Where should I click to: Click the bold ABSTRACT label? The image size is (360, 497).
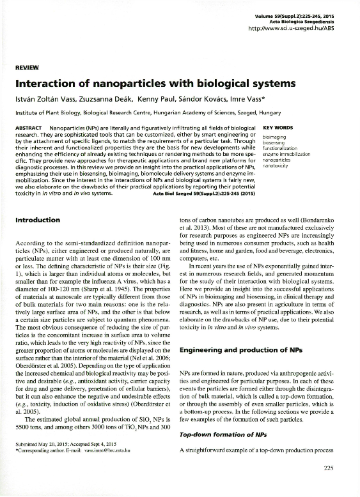click(x=28, y=128)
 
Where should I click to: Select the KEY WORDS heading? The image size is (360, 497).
click(x=278, y=128)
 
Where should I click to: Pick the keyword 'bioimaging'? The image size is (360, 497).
click(x=274, y=137)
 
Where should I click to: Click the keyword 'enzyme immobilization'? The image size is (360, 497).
click(x=286, y=154)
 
